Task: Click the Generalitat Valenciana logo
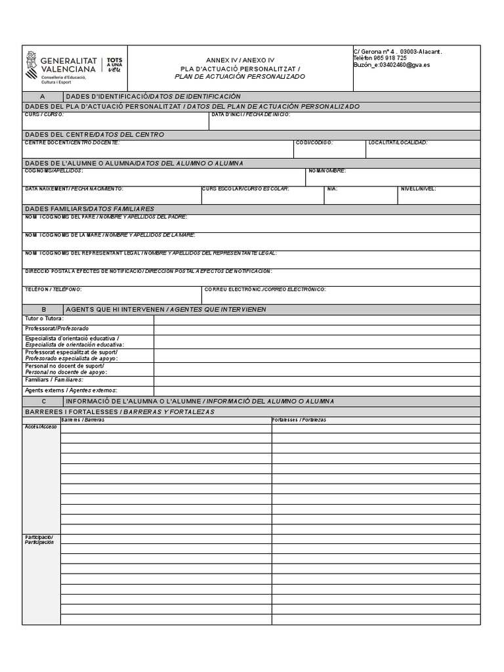74,68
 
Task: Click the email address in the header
392,65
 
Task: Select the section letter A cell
43,96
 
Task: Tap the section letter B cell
43,309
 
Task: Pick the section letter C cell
43,401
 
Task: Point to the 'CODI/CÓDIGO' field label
314,142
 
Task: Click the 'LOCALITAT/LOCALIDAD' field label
398,142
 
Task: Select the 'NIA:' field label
332,189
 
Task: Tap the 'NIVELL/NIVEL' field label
419,189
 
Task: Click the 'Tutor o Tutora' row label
44,318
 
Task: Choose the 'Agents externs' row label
64,390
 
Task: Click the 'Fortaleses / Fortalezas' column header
299,420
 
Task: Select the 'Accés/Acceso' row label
41,427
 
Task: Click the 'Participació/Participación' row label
39,540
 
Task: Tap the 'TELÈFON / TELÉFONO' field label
53,289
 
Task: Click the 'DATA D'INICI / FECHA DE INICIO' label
251,115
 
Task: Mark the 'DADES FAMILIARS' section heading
89,208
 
